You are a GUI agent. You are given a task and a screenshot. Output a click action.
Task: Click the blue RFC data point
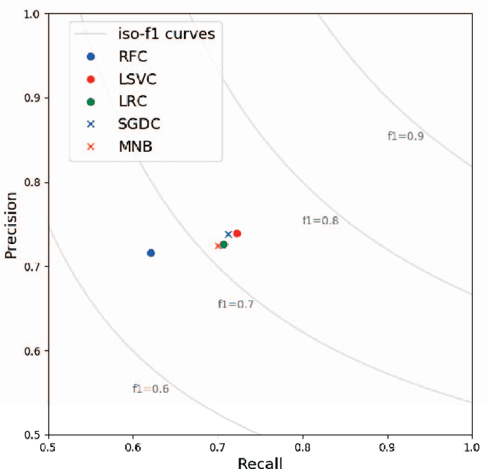tap(151, 252)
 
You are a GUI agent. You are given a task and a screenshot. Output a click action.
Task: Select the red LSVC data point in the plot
tap(237, 233)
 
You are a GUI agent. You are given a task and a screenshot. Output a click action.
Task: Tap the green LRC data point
tap(223, 245)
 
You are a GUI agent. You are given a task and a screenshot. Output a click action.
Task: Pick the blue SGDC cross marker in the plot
tap(228, 234)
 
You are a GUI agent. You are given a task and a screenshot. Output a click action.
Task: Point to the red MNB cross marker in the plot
tap(218, 246)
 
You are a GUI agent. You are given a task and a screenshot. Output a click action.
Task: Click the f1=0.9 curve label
tap(406, 137)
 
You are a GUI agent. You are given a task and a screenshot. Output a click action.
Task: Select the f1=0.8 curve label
tap(320, 221)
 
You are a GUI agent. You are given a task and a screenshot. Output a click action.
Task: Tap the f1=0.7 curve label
tap(236, 304)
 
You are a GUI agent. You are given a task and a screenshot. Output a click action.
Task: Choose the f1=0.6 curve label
tap(150, 389)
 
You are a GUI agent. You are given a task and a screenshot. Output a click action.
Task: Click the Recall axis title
tap(260, 462)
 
